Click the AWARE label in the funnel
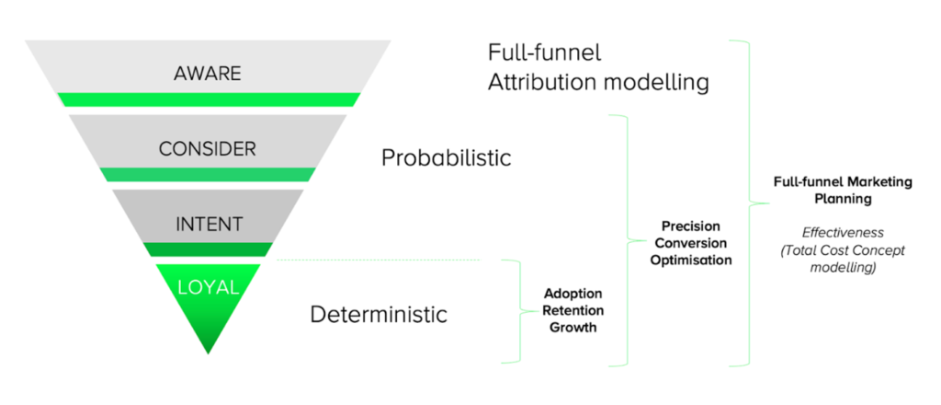[207, 73]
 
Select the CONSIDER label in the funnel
[207, 148]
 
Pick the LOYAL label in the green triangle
[208, 286]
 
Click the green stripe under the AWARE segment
[208, 99]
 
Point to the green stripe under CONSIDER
[208, 174]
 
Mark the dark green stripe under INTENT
[208, 249]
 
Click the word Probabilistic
[446, 157]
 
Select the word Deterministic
[379, 315]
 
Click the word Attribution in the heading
[545, 82]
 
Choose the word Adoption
[572, 294]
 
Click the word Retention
[572, 310]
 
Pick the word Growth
[572, 327]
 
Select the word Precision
[690, 226]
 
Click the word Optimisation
[690, 260]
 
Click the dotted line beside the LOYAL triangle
[377, 260]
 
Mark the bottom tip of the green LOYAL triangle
[208, 351]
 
